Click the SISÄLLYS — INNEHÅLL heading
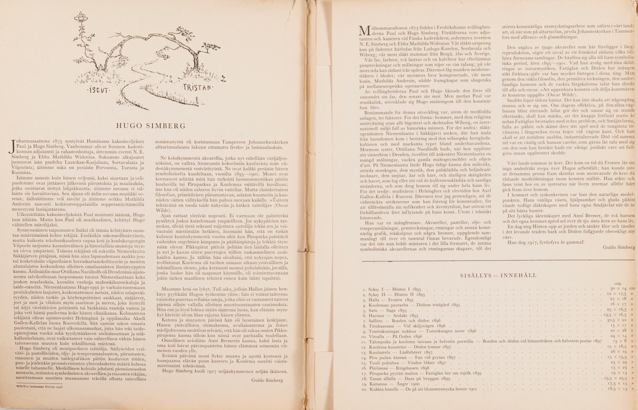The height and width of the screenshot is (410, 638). pyautogui.click(x=498, y=275)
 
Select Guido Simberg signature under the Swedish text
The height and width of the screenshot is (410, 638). pyautogui.click(x=619, y=247)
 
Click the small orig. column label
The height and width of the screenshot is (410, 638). pyautogui.click(x=617, y=283)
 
